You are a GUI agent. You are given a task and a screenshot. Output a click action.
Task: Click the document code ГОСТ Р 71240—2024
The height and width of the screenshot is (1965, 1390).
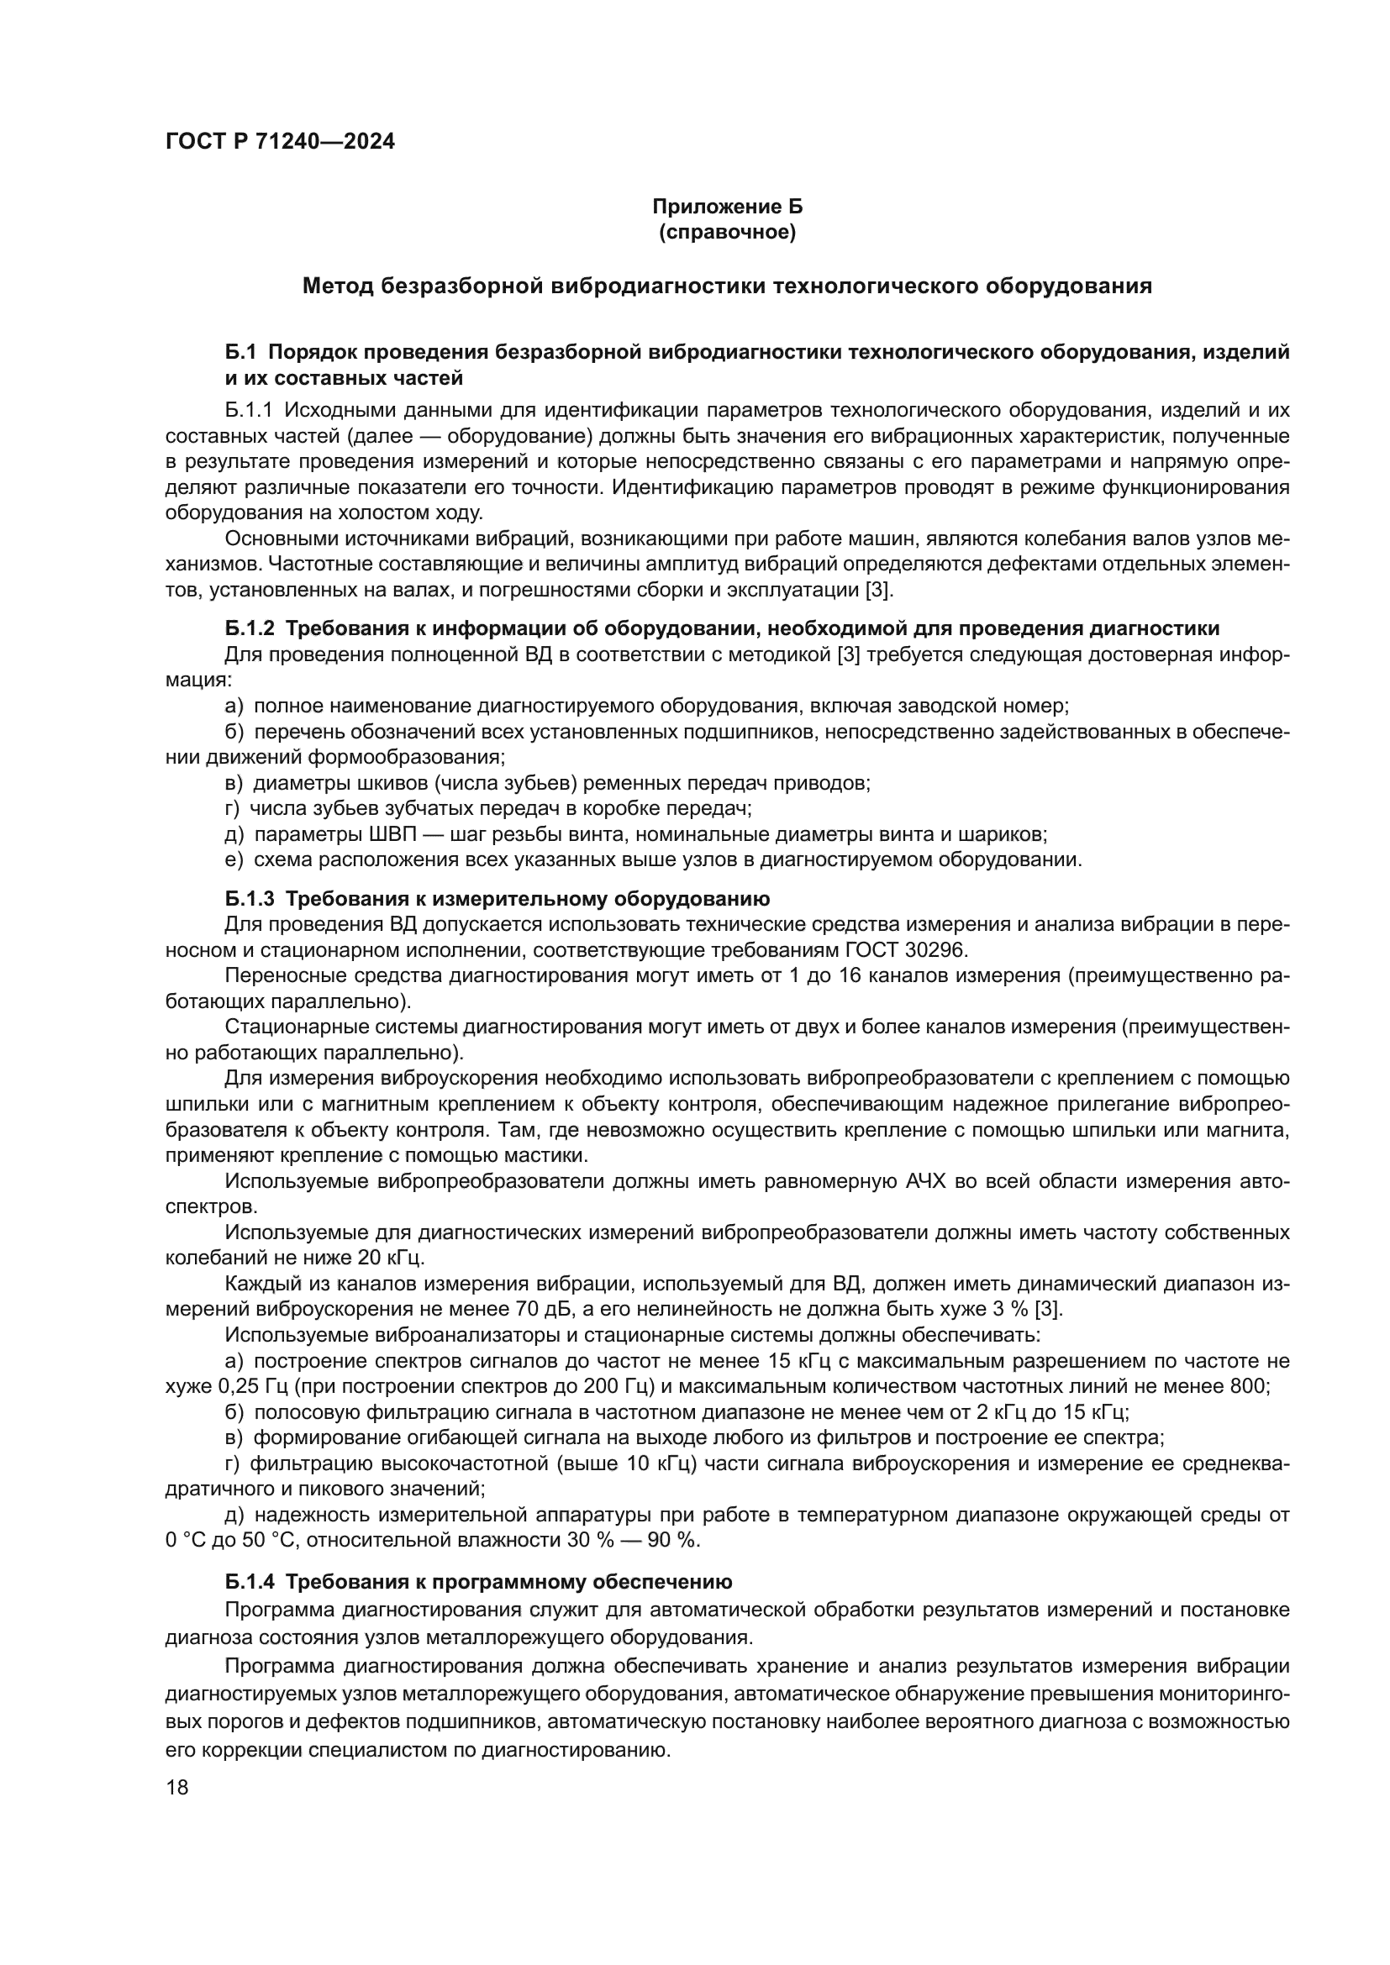tap(280, 142)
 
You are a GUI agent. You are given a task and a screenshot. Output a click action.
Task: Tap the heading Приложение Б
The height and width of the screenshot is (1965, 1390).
tap(727, 207)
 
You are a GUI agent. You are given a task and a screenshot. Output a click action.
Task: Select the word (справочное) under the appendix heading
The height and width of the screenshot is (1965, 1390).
tap(727, 232)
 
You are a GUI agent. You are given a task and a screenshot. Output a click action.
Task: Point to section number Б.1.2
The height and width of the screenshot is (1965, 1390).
tap(250, 628)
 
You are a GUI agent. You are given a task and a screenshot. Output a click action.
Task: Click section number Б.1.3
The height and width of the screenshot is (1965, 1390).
tap(250, 899)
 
